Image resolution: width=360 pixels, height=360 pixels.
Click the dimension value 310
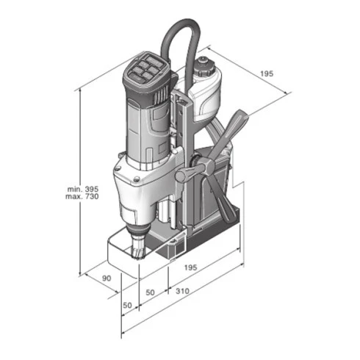[x=182, y=291]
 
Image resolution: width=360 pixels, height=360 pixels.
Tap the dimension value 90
[x=107, y=278]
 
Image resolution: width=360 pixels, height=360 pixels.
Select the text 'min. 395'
[x=83, y=189]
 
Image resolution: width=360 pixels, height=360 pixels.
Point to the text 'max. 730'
[x=82, y=196]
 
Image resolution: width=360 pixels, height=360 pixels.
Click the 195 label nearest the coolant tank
[x=267, y=73]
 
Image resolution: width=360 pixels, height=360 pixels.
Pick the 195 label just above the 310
[x=190, y=267]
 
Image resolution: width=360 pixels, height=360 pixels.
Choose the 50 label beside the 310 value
[x=150, y=292]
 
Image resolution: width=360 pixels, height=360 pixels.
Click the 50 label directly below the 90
[x=127, y=305]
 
